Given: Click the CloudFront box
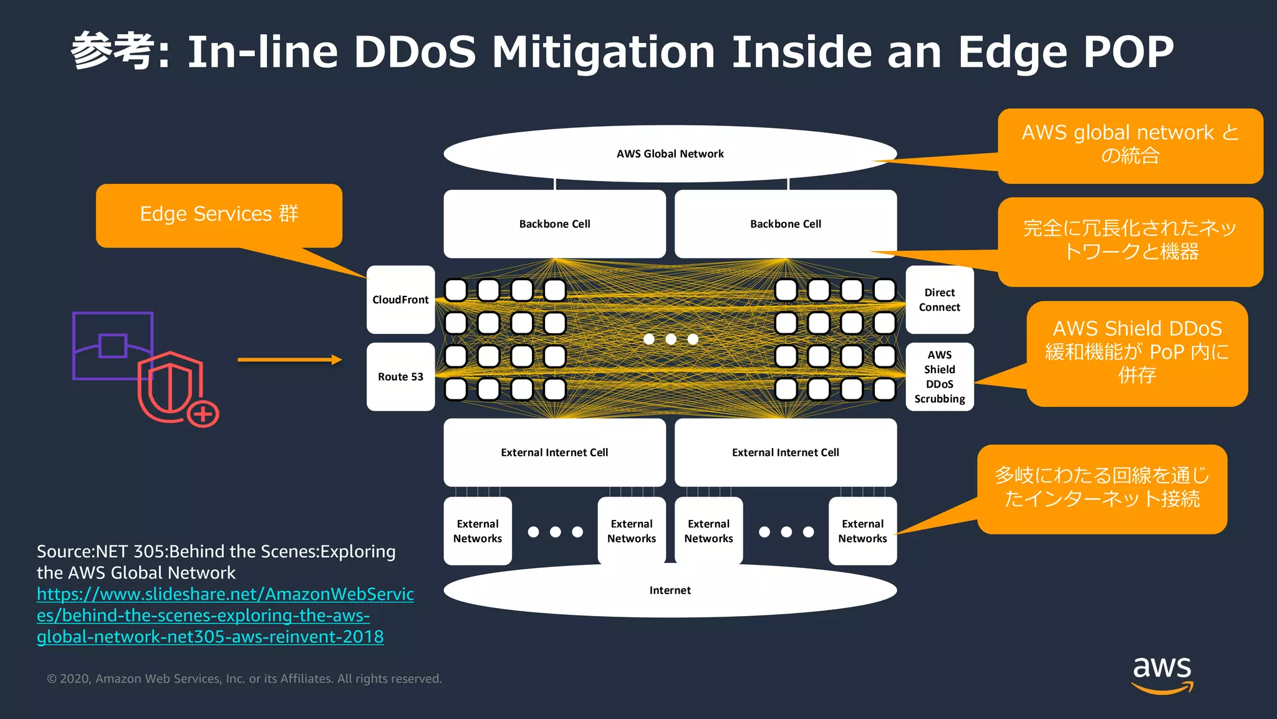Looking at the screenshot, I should pyautogui.click(x=400, y=300).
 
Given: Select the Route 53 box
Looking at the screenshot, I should pyautogui.click(x=400, y=376).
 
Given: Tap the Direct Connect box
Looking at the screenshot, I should pyautogui.click(x=939, y=300).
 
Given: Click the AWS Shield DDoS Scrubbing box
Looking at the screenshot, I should pyautogui.click(x=939, y=376).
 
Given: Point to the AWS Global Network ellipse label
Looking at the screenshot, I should pyautogui.click(x=670, y=154).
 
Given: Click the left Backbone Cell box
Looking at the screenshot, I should pyautogui.click(x=554, y=223).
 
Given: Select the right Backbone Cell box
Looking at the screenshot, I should pyautogui.click(x=785, y=223).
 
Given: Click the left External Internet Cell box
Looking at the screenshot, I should pyautogui.click(x=554, y=452).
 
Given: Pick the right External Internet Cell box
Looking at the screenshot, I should pyautogui.click(x=785, y=452).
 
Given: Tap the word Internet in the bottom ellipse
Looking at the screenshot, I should pyautogui.click(x=670, y=590).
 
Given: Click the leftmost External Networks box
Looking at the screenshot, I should pyautogui.click(x=478, y=531).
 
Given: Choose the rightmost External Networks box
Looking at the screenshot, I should pyautogui.click(x=862, y=531).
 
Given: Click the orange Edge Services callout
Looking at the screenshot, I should pyautogui.click(x=219, y=215).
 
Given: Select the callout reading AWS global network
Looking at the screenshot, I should pyautogui.click(x=1130, y=145).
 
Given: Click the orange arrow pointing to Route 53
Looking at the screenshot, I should pyautogui.click(x=289, y=359).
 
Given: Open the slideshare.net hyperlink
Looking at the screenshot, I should pyautogui.click(x=224, y=615).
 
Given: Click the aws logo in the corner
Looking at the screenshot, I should pyautogui.click(x=1162, y=673).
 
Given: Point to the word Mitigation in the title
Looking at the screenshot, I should pyautogui.click(x=603, y=51).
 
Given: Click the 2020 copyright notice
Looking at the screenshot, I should pyautogui.click(x=244, y=678).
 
